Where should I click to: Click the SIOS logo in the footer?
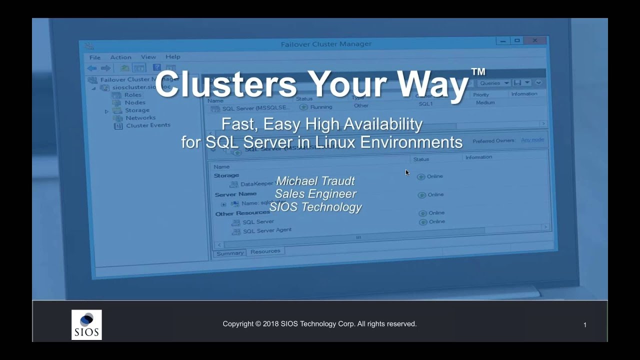[86, 325]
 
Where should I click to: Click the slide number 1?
[584, 325]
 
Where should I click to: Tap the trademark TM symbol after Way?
[477, 72]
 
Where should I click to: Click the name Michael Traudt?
[315, 180]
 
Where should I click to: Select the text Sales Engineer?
[315, 194]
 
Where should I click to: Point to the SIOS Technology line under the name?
[315, 207]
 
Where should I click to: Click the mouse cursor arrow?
[407, 172]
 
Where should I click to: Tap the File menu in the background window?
[94, 57]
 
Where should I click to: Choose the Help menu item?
[173, 57]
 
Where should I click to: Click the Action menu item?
[120, 57]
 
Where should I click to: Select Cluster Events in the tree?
[147, 125]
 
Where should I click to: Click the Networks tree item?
[140, 118]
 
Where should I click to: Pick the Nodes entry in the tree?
[135, 102]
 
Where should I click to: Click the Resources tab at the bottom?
[265, 251]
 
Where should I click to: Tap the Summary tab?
[230, 253]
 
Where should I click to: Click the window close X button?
[535, 40]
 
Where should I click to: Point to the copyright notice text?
[319, 324]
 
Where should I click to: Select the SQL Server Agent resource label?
[267, 230]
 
